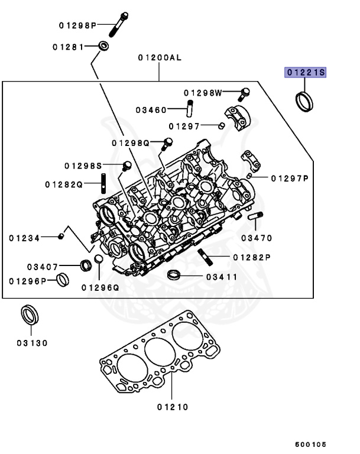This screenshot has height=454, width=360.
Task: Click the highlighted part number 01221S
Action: (x=306, y=73)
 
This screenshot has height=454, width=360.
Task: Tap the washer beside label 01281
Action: (x=103, y=46)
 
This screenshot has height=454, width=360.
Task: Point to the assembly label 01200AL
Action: (x=159, y=59)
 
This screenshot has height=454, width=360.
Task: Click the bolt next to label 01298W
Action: (x=244, y=93)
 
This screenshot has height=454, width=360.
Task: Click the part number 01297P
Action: (x=291, y=178)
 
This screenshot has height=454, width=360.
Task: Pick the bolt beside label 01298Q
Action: (x=167, y=142)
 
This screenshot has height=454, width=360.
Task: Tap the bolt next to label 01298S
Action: (x=127, y=166)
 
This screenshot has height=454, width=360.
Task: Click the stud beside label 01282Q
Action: (x=104, y=183)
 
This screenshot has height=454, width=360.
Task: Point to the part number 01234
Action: (x=24, y=238)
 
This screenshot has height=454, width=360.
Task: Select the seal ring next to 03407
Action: (x=86, y=265)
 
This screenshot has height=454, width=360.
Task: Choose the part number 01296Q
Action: (x=100, y=287)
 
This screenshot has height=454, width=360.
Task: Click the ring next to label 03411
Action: (x=174, y=275)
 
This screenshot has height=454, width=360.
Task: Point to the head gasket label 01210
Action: (x=173, y=407)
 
